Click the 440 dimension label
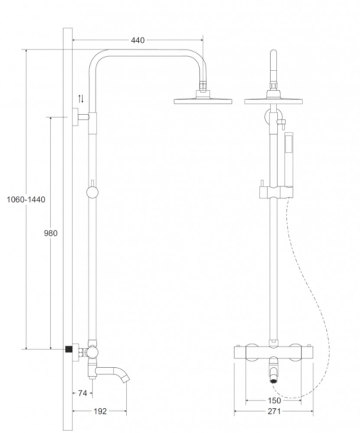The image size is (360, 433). point(137,40)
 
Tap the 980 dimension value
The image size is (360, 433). point(51,233)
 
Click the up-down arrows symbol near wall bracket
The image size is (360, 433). point(81,99)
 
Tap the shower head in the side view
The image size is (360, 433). point(203,101)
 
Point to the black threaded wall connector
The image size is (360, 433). point(68,349)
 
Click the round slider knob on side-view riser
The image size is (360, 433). point(91,192)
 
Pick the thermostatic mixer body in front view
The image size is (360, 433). point(273,352)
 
